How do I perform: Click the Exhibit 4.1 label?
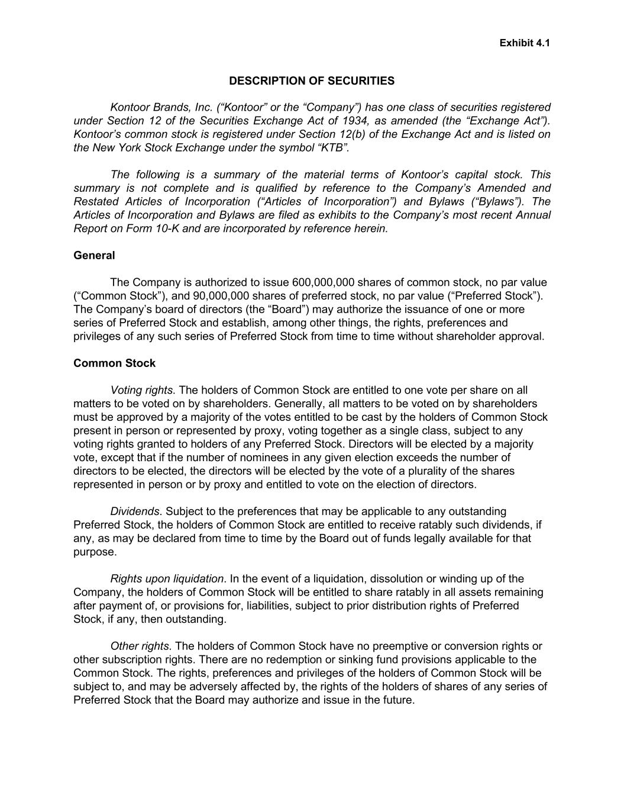(x=525, y=43)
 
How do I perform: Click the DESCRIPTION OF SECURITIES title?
(x=312, y=81)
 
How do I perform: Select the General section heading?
(x=94, y=255)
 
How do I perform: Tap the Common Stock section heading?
(x=114, y=363)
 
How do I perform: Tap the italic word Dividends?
(x=134, y=511)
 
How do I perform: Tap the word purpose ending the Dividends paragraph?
(x=94, y=552)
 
